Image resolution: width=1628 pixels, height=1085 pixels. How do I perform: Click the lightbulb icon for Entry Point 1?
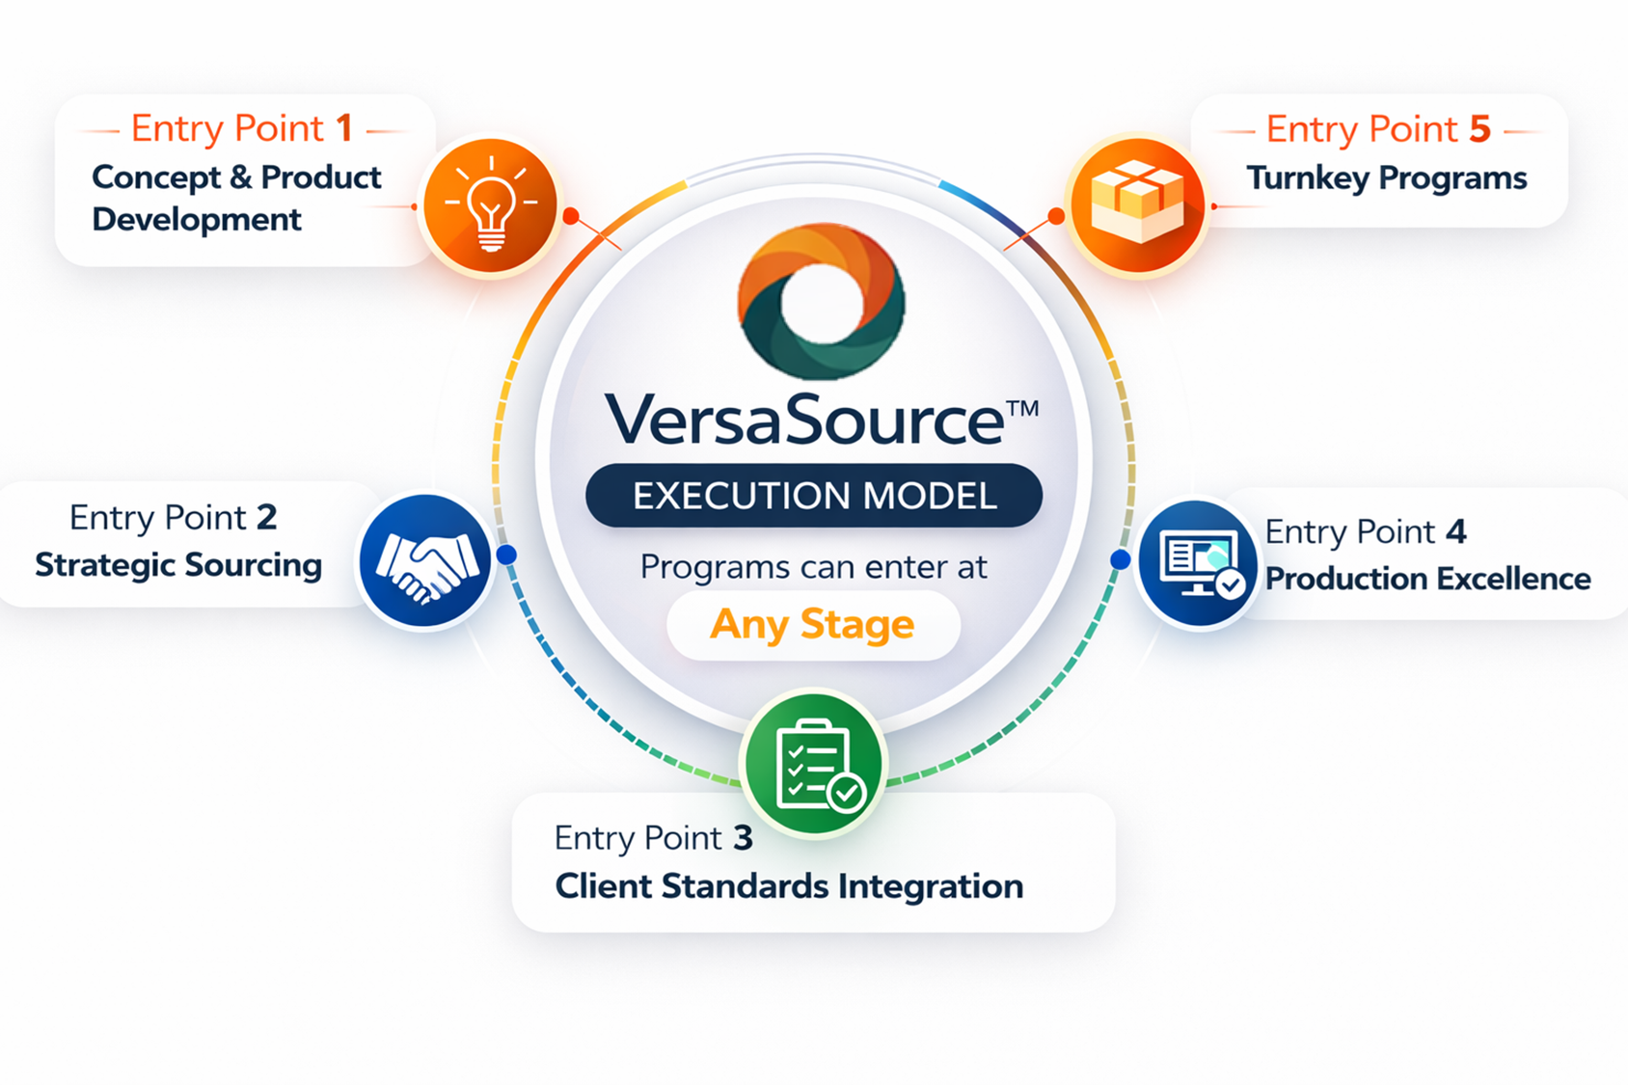491,205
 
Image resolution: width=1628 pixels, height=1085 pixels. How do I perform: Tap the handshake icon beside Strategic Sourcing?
425,561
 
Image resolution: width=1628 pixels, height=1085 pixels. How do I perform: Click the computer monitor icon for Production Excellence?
1198,563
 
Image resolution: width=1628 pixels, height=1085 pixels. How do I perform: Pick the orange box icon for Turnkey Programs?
1137,203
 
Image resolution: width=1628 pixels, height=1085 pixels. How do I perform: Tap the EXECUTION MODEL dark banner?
814,496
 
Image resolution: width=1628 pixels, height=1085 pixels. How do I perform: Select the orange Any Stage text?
812,625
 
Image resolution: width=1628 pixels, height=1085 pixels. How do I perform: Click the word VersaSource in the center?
804,420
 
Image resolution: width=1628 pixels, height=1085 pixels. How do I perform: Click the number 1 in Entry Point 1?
344,128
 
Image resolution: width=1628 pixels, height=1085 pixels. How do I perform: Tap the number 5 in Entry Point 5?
1479,128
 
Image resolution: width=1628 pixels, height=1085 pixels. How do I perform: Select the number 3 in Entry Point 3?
743,838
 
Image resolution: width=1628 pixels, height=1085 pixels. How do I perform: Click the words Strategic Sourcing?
178,565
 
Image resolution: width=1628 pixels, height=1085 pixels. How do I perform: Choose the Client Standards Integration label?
789,886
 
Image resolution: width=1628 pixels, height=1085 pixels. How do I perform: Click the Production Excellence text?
1427,579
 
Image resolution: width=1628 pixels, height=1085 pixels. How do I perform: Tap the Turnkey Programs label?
1386,178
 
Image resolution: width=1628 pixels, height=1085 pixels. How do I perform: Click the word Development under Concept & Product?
197,220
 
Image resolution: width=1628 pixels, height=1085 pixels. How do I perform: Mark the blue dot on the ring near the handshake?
506,555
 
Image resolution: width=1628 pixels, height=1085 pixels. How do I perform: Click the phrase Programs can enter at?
813,567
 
